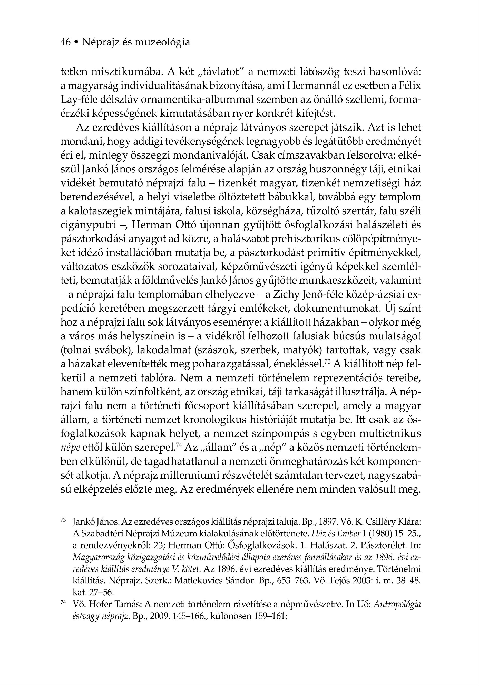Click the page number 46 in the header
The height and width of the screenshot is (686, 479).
(x=65, y=42)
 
